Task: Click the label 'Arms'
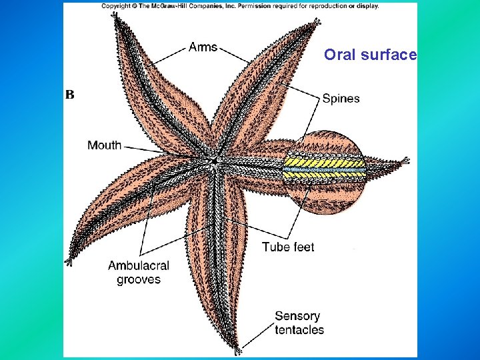click(203, 47)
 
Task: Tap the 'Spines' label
click(341, 99)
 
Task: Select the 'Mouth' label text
click(104, 145)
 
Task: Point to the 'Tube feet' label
click(288, 247)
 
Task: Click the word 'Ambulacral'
click(139, 265)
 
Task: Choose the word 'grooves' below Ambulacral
click(139, 279)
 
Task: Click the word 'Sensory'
click(297, 315)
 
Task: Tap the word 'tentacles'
click(299, 329)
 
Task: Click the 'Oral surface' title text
click(370, 55)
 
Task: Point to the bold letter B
click(69, 95)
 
